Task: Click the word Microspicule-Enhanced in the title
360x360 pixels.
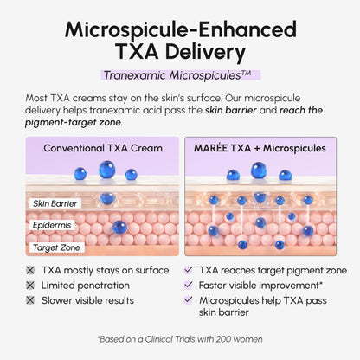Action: (x=181, y=30)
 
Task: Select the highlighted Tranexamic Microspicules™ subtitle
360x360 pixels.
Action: (x=181, y=75)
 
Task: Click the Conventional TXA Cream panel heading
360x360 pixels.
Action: (x=103, y=148)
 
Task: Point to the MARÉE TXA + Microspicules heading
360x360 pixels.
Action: (x=260, y=148)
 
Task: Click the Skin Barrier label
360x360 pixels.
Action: (x=55, y=203)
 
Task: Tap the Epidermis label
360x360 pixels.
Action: (x=52, y=225)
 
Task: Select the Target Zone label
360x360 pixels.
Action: (x=56, y=247)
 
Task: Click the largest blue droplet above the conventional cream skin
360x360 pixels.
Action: (x=106, y=170)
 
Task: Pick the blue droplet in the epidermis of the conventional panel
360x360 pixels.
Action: (x=119, y=228)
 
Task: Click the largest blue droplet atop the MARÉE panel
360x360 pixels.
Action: (x=259, y=170)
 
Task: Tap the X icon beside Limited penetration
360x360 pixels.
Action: (x=30, y=286)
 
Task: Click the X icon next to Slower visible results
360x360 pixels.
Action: (x=30, y=300)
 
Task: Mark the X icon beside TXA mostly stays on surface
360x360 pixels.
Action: (x=30, y=270)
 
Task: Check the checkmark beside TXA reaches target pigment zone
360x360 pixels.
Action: (x=188, y=270)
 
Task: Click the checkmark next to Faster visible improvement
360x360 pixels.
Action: (x=188, y=285)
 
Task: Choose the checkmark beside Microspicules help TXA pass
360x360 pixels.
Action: (x=188, y=300)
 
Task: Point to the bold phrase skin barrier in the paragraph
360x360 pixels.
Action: (x=231, y=110)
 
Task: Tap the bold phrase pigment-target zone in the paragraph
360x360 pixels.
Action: (x=74, y=123)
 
